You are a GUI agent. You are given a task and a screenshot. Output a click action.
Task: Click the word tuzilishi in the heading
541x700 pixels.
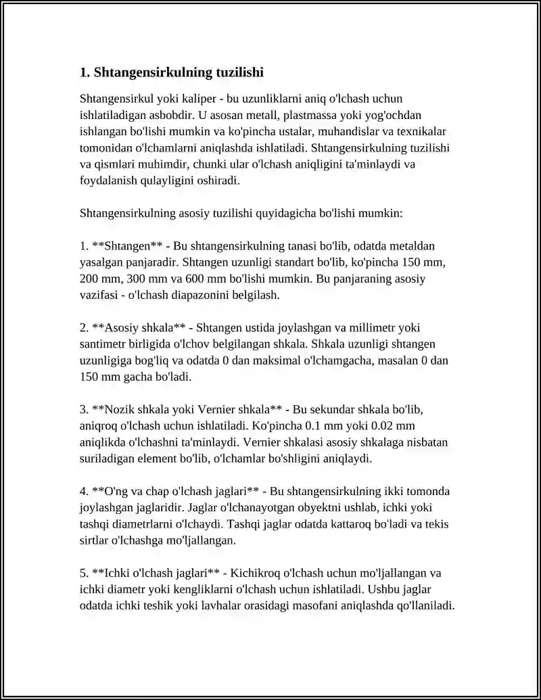pyautogui.click(x=235, y=72)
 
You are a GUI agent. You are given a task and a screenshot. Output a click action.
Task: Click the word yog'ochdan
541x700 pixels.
pyautogui.click(x=398, y=115)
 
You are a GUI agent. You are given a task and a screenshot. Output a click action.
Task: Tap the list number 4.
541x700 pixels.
pyautogui.click(x=83, y=491)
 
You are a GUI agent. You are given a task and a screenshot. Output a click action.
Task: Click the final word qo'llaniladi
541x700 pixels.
pyautogui.click(x=425, y=605)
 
